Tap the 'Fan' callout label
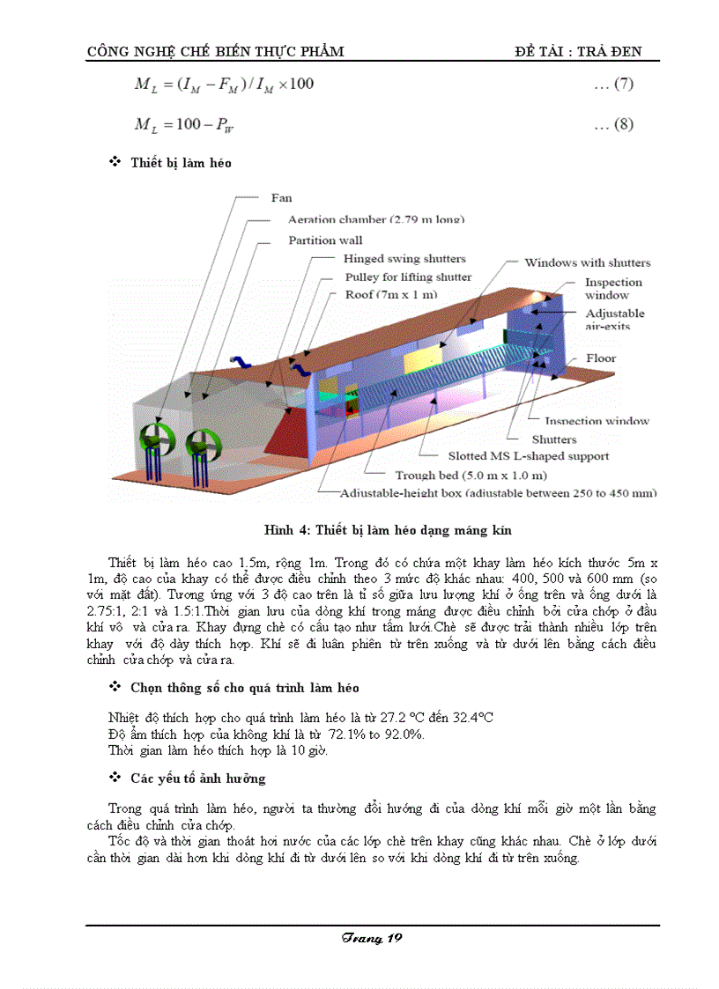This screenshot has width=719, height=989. [x=281, y=198]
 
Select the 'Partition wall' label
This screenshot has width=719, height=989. [x=325, y=240]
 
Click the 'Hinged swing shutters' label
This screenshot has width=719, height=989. [x=404, y=259]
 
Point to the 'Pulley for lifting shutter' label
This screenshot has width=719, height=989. [x=408, y=277]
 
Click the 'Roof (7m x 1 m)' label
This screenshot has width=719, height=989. [x=390, y=294]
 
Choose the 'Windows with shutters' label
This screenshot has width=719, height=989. [x=587, y=262]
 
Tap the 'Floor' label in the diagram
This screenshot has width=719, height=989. [x=601, y=358]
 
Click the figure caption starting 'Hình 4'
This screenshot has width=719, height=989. [x=388, y=530]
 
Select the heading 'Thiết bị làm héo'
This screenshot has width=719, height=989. [x=181, y=163]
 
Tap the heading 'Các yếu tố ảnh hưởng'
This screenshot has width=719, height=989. [x=197, y=779]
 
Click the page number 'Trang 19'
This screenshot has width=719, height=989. [x=372, y=938]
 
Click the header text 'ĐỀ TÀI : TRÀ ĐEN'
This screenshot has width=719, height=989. [x=578, y=51]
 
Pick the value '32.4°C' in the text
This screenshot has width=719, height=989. [x=467, y=718]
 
